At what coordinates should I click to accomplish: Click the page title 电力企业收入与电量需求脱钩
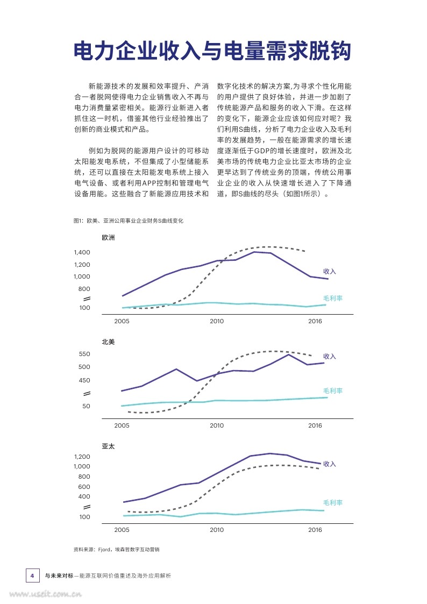point(212,51)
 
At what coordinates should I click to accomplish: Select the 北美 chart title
point(108,342)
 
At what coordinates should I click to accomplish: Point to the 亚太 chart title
point(108,446)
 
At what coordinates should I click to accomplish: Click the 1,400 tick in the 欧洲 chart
point(82,252)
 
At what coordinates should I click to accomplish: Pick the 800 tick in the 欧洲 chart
point(84,289)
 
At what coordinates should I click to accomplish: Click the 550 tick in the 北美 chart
point(84,354)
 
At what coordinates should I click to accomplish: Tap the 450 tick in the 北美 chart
point(84,380)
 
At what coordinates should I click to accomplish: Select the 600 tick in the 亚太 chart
point(84,487)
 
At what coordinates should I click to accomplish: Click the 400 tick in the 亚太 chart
point(84,497)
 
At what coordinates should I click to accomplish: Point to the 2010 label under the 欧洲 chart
point(216,321)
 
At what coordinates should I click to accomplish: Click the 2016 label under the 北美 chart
point(315,425)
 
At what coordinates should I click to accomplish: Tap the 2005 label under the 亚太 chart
point(122,530)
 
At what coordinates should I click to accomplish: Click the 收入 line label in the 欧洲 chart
point(330,271)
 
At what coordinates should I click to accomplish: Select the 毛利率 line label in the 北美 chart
point(333,390)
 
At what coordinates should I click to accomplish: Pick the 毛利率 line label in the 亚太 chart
point(333,502)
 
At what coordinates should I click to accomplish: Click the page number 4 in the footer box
point(32,575)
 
